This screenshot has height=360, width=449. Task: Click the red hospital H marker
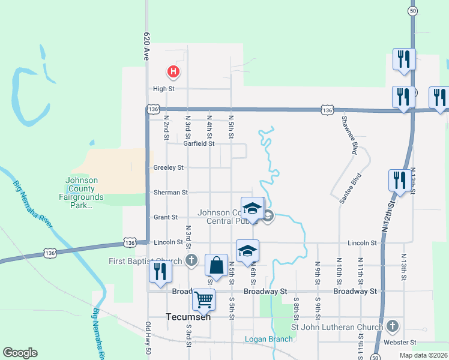pyautogui.click(x=173, y=73)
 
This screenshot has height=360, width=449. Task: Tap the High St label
pyautogui.click(x=163, y=89)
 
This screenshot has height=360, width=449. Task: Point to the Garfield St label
pyautogui.click(x=199, y=144)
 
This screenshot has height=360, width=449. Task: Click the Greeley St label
pyautogui.click(x=169, y=168)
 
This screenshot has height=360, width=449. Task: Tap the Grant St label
pyautogui.click(x=166, y=217)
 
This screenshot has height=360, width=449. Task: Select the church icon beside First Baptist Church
pyautogui.click(x=191, y=260)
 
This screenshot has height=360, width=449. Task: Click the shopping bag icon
pyautogui.click(x=216, y=265)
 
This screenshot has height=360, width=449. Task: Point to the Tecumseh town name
pyautogui.click(x=188, y=317)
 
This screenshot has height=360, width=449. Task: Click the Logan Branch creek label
pyautogui.click(x=269, y=339)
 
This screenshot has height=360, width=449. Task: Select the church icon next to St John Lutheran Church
pyautogui.click(x=393, y=326)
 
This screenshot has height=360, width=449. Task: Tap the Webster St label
pyautogui.click(x=400, y=343)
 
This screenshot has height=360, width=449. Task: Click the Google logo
pyautogui.click(x=20, y=353)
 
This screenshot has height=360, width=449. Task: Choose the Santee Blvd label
pyautogui.click(x=350, y=189)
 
